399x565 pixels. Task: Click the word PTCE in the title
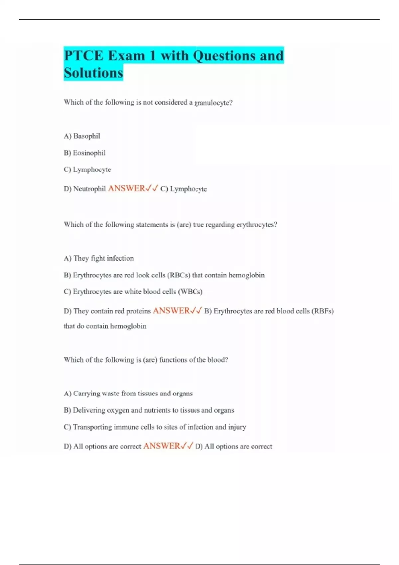pyautogui.click(x=83, y=56)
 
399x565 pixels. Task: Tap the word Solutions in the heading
pyautogui.click(x=93, y=73)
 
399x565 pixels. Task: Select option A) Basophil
pyautogui.click(x=82, y=136)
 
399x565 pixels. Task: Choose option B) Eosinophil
pyautogui.click(x=84, y=153)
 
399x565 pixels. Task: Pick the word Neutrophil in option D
pyautogui.click(x=89, y=189)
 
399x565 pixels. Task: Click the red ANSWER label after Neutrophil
pyautogui.click(x=127, y=188)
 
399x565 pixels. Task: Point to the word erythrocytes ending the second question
pyautogui.click(x=256, y=225)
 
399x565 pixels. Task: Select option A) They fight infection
pyautogui.click(x=99, y=258)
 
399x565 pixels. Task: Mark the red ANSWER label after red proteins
pyautogui.click(x=171, y=311)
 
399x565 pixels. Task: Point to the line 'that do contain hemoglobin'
pyautogui.click(x=105, y=326)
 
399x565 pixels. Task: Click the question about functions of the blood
pyautogui.click(x=146, y=360)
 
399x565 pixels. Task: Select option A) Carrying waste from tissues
pyautogui.click(x=128, y=394)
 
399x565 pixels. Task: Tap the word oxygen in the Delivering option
pyautogui.click(x=117, y=410)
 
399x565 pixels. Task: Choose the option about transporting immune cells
pyautogui.click(x=155, y=427)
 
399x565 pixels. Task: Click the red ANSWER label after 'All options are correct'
pyautogui.click(x=162, y=446)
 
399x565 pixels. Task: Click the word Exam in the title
pyautogui.click(x=127, y=56)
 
